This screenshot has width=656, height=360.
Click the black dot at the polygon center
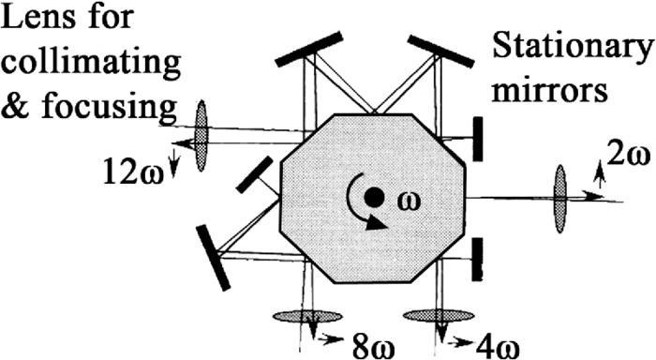pos(374,197)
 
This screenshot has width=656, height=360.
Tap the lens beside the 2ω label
pos(560,194)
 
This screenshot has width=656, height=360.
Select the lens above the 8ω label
pos(307,316)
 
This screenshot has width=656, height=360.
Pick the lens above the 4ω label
pos(439,316)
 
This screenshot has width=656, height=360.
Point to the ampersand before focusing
pos(17,108)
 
